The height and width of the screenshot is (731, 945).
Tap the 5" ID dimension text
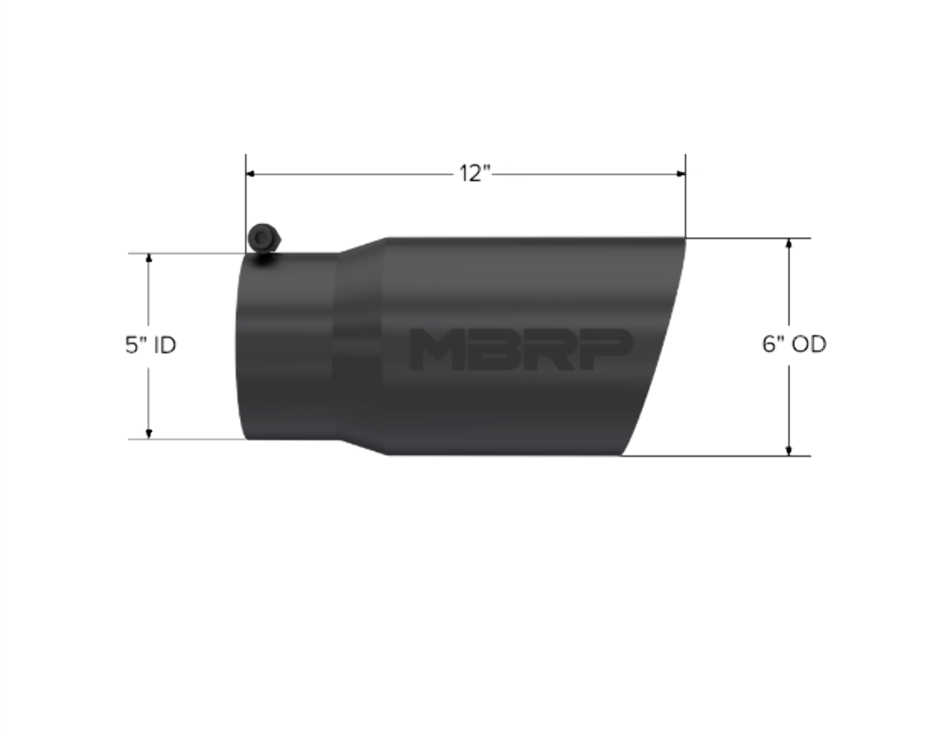(150, 345)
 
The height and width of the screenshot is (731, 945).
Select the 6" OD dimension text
(794, 344)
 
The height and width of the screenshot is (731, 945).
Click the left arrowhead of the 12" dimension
(251, 174)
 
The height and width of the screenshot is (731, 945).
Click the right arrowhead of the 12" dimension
(680, 174)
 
